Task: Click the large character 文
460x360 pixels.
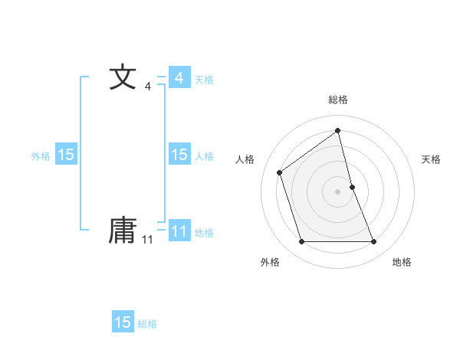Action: click(x=123, y=78)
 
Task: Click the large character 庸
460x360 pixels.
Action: click(x=123, y=230)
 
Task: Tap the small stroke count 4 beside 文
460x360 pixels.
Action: click(x=147, y=87)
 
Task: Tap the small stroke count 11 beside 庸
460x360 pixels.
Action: click(x=147, y=240)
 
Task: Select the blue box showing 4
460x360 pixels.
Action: click(x=179, y=78)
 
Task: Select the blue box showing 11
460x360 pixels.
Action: click(x=179, y=231)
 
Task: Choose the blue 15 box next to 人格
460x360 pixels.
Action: click(x=179, y=155)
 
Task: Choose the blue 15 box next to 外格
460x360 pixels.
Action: click(x=66, y=155)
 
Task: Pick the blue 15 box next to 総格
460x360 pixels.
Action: click(x=123, y=322)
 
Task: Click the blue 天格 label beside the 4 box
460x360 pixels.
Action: click(x=204, y=80)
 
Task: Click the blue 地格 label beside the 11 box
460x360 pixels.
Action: click(x=204, y=233)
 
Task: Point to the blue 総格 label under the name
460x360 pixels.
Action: click(x=147, y=325)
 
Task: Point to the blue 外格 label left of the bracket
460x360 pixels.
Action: click(x=41, y=156)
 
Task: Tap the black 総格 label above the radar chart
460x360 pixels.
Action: click(x=338, y=100)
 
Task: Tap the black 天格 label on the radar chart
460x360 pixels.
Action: click(x=431, y=159)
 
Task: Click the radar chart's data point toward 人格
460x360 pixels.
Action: click(x=280, y=172)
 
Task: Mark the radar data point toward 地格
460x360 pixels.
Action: click(x=374, y=242)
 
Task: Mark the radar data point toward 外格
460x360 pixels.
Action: click(x=301, y=242)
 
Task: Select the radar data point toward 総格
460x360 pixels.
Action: click(x=338, y=131)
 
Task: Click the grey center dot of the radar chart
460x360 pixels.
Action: click(x=338, y=191)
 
